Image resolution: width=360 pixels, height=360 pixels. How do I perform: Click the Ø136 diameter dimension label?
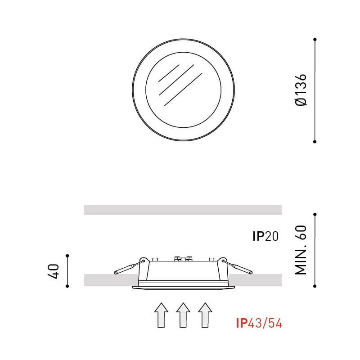301,90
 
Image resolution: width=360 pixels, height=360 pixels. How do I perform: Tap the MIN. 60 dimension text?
301,250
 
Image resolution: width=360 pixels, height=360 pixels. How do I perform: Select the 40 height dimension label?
53,271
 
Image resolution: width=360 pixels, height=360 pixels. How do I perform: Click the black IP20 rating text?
265,236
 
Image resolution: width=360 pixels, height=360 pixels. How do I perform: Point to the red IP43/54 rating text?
259,323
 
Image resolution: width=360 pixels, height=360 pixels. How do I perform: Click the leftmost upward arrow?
161,315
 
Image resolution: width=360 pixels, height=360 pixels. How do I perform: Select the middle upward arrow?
183,315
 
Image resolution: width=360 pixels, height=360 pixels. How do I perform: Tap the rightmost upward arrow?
205,315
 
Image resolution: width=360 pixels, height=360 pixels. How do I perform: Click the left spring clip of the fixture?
129,267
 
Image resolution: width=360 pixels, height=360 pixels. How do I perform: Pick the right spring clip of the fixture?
238,267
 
